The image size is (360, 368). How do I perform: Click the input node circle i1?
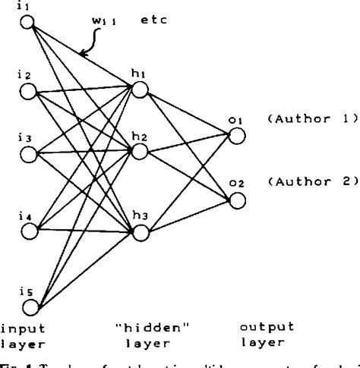27,22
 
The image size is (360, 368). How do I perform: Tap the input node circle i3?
28,156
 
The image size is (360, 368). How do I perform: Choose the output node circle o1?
238,135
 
